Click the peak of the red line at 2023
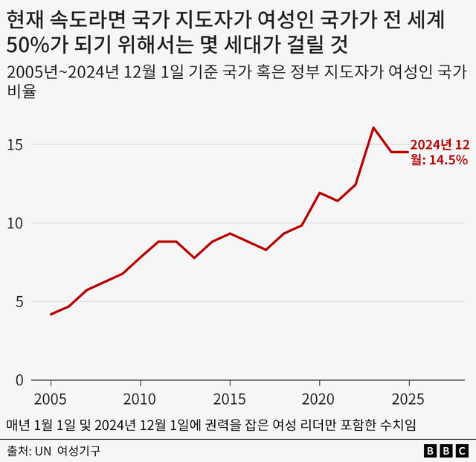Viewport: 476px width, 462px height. tap(373, 128)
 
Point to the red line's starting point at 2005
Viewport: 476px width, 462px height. tap(51, 314)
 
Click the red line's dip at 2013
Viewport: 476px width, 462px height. tap(194, 257)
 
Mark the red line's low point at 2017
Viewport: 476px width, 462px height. tap(266, 249)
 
